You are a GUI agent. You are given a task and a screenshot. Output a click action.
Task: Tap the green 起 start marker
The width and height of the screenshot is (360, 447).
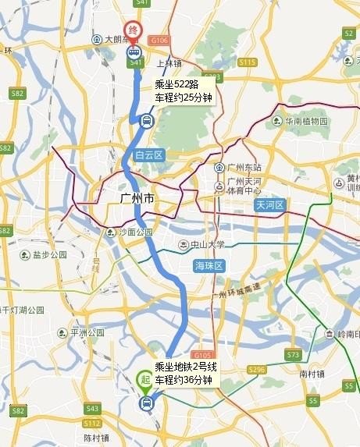point(145,380)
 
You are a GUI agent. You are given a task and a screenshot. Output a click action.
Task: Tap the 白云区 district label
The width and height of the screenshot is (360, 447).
point(148,155)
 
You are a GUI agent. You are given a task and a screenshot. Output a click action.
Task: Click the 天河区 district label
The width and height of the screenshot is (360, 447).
point(271,205)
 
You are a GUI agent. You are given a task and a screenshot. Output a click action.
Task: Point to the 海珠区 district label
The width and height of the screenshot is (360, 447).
point(209,266)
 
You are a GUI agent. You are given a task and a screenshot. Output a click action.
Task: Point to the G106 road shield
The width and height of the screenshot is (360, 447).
point(159,40)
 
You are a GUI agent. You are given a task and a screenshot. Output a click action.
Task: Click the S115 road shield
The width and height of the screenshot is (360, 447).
point(248,62)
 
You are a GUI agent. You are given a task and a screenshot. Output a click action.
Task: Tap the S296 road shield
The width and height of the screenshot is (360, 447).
point(256,369)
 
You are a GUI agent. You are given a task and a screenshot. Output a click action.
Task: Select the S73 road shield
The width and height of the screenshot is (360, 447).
point(293,354)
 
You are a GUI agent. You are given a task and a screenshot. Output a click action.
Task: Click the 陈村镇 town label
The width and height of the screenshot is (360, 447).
point(96,438)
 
